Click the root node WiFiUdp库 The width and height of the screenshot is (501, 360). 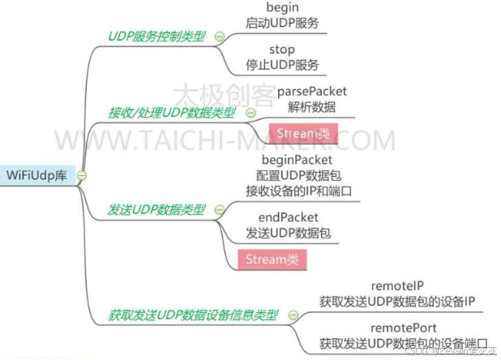(39, 175)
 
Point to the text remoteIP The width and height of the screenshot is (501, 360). (396, 286)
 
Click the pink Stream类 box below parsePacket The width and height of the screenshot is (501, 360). (301, 132)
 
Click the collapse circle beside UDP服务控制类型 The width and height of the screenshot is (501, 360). (219, 36)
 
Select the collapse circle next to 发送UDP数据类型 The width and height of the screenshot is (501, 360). (219, 209)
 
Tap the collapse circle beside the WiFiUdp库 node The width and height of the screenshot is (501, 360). (81, 176)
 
